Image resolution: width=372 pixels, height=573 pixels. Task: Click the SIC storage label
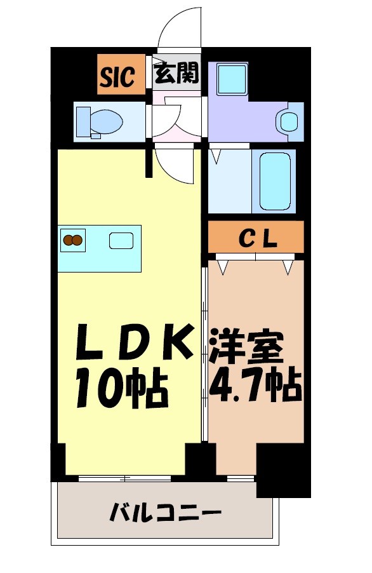(117, 76)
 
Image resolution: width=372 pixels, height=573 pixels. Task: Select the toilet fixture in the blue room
(98, 121)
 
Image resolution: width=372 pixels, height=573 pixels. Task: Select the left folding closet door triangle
(223, 266)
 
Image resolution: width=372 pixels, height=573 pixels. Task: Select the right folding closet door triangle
(289, 266)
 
